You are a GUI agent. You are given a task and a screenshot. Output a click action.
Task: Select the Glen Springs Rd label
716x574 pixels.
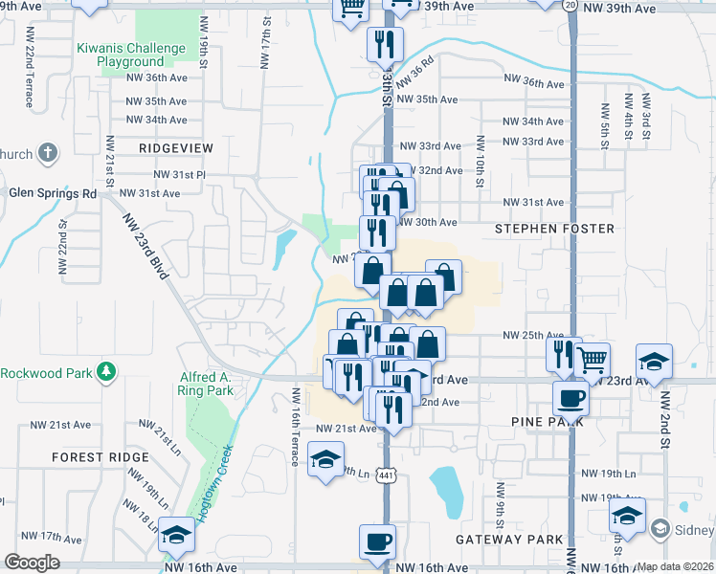(54, 192)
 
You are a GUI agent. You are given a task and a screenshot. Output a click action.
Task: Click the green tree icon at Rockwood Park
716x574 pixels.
(108, 370)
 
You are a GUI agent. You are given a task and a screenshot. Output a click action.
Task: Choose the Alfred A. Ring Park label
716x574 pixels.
(206, 384)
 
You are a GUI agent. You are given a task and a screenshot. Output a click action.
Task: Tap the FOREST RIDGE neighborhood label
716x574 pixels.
(101, 457)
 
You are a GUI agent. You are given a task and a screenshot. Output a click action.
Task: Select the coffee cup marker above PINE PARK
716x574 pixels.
(571, 396)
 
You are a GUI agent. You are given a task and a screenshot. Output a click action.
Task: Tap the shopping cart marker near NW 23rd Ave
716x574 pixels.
(593, 360)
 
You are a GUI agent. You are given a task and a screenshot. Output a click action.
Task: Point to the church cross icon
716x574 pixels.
(49, 153)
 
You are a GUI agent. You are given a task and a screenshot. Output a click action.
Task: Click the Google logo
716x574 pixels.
(32, 563)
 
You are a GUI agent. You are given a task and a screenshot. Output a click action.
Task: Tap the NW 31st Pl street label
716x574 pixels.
(180, 175)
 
